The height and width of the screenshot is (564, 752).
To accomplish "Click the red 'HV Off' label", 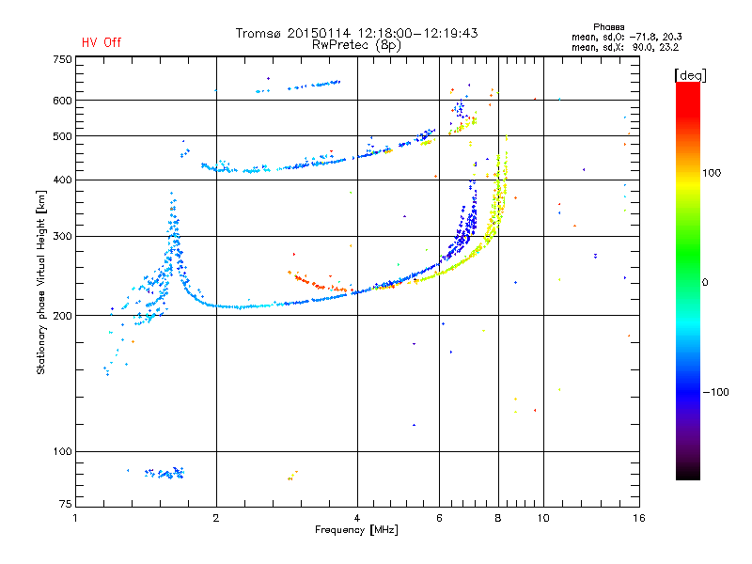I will coord(102,42).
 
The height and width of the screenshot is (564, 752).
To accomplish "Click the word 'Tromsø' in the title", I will coord(258,33).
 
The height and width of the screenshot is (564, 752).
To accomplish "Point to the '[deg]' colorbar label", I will coord(691,74).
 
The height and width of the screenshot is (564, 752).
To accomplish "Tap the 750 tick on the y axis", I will coord(62,59).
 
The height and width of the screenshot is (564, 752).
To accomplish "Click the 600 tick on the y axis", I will coord(62,100).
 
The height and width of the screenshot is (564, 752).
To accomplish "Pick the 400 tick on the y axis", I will coord(62,180).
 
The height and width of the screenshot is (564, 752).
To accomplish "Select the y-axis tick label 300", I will coord(62,236).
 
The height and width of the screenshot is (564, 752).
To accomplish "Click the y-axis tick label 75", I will coord(65,506).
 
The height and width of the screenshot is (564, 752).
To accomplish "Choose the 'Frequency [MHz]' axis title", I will coord(356,530).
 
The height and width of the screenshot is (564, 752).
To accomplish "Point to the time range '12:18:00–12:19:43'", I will coord(424,33).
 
